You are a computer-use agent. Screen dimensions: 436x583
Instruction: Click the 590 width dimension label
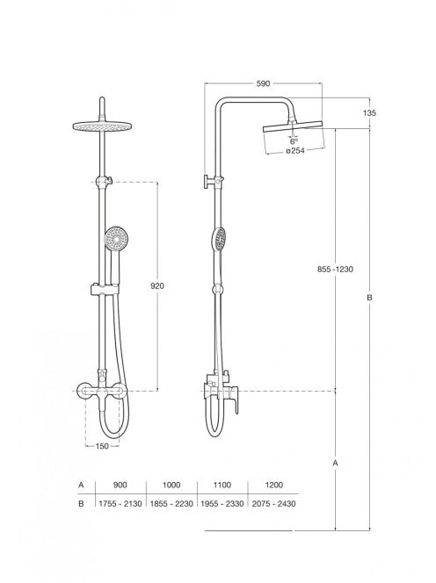263,83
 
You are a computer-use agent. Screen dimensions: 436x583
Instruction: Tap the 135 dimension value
369,112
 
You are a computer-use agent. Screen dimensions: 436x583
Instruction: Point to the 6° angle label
294,141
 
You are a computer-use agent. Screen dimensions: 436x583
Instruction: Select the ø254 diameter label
294,151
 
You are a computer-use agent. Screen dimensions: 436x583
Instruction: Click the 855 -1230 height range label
335,270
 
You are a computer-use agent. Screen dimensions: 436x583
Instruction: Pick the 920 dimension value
156,286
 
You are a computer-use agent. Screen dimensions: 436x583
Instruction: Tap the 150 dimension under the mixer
102,446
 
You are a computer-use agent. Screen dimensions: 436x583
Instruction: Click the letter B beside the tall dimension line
369,298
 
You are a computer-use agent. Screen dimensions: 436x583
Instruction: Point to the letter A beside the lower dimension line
336,464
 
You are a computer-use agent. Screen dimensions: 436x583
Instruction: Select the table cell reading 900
120,485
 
